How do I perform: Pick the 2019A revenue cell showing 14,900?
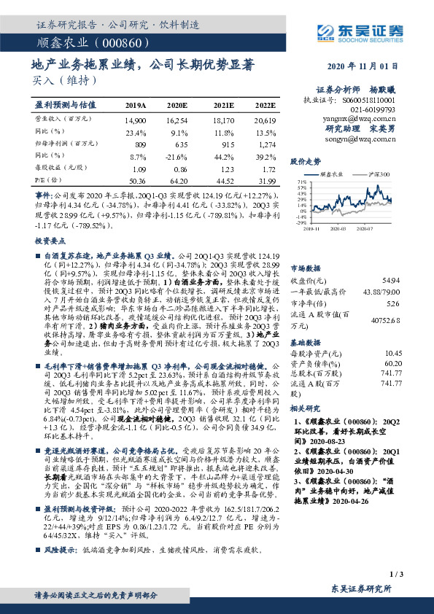coord(135,118)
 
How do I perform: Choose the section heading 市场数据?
coord(306,268)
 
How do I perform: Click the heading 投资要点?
coord(49,239)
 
